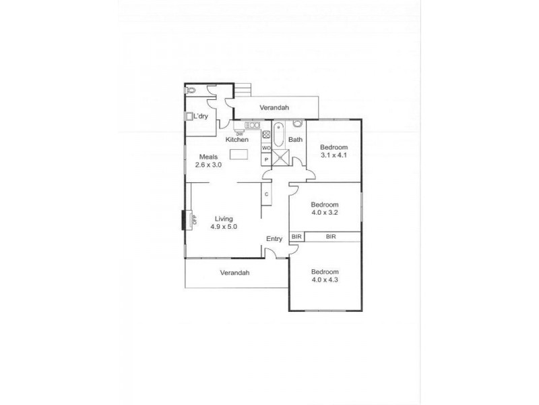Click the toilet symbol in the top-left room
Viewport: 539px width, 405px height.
point(191,90)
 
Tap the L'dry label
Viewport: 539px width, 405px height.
point(200,117)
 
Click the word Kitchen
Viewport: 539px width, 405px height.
point(236,140)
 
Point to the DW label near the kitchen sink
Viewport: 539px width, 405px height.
point(239,133)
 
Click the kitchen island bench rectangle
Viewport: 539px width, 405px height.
point(239,155)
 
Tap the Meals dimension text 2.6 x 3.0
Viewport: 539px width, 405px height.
point(208,165)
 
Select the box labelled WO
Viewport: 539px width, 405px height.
point(266,148)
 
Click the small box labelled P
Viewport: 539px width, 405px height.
point(266,159)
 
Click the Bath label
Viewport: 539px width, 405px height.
point(295,140)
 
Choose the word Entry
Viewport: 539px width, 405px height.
point(274,238)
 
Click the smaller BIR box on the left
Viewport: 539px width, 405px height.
point(296,237)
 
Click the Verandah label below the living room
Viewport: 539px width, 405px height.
point(234,273)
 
